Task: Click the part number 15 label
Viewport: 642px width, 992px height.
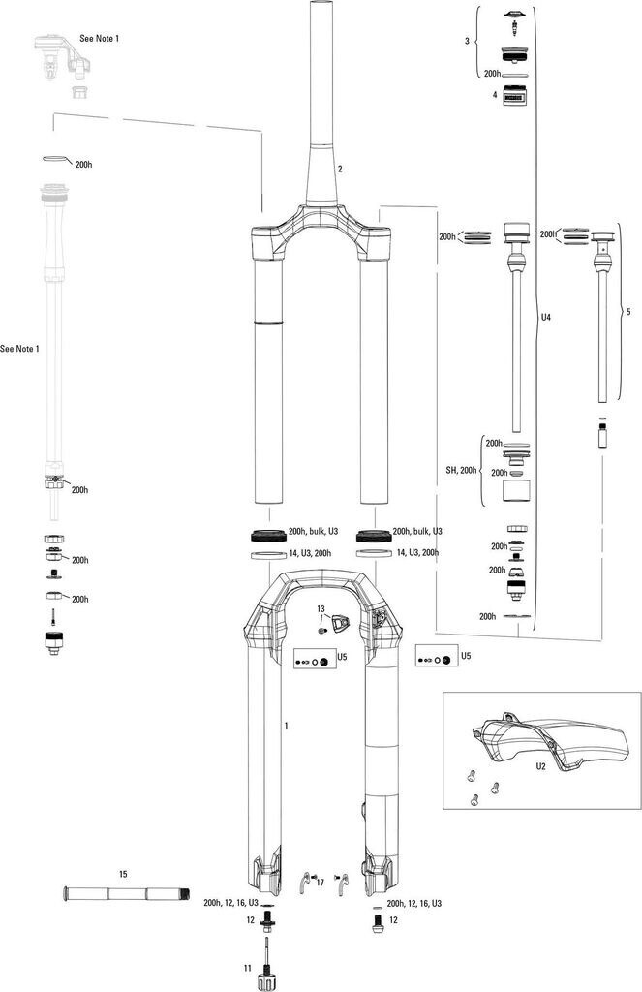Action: pos(123,874)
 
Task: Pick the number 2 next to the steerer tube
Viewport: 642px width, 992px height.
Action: pos(340,169)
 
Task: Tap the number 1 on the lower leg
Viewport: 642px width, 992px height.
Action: pos(286,725)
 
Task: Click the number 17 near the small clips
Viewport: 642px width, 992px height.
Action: pos(320,883)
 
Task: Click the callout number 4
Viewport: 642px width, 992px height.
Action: pos(495,95)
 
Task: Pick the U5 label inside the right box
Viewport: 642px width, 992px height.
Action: pos(466,656)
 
